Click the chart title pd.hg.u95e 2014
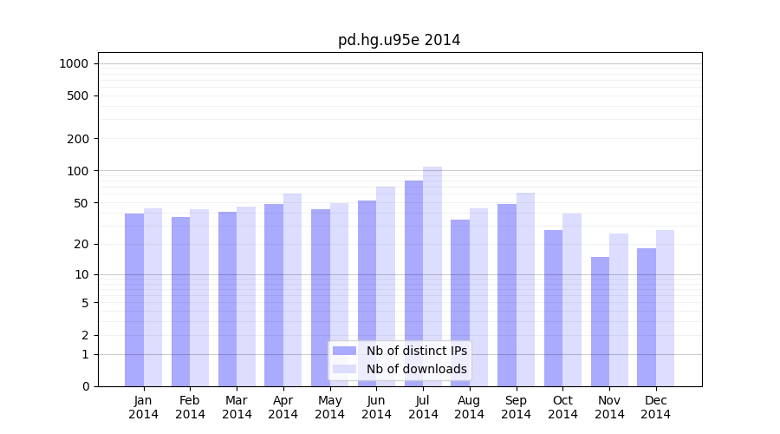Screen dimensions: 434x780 point(399,40)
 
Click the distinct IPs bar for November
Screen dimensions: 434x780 point(600,321)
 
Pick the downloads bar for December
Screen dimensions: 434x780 point(665,308)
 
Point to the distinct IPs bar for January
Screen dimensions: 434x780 point(134,299)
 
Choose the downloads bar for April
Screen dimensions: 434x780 point(293,290)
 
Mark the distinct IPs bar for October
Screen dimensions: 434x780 point(553,308)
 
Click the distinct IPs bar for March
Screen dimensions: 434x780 point(227,299)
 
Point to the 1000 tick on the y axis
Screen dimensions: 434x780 point(74,63)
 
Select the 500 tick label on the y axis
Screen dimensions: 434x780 point(79,95)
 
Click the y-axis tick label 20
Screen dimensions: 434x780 point(81,244)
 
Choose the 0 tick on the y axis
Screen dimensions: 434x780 point(85,386)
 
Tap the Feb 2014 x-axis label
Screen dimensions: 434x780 point(190,407)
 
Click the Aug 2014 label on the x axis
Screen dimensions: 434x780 point(470,407)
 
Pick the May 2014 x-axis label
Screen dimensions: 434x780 point(329,407)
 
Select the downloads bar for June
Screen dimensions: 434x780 point(386,286)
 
